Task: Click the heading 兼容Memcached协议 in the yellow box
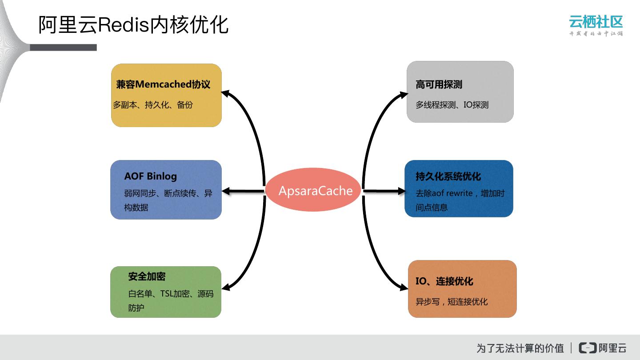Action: [x=163, y=84]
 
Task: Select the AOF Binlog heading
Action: [x=150, y=176]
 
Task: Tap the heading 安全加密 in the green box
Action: [x=147, y=276]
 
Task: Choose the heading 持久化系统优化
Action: [x=448, y=176]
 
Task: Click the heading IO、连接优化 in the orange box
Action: [x=444, y=281]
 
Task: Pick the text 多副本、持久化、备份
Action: [x=152, y=105]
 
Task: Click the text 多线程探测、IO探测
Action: [x=452, y=105]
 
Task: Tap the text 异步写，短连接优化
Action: [x=452, y=302]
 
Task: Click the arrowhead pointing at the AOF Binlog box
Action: [x=226, y=191]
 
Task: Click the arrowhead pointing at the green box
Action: [x=225, y=288]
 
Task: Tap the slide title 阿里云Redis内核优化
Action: [x=133, y=25]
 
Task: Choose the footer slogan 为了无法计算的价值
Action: [x=520, y=348]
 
